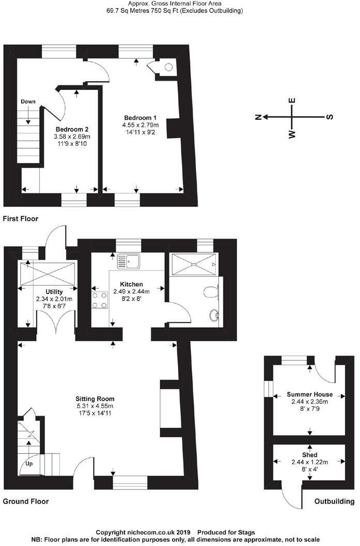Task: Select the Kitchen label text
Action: (131, 284)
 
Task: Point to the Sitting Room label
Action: (95, 399)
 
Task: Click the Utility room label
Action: (54, 292)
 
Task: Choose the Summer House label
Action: (309, 394)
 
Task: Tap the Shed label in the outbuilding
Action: (309, 455)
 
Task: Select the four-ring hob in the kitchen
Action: (99, 300)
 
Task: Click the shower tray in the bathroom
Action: (193, 264)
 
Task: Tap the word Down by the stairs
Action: (28, 102)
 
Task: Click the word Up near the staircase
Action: (29, 463)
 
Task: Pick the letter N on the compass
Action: (258, 117)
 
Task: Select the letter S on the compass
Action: (329, 117)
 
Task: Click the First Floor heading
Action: (21, 219)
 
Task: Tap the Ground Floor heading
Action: (26, 502)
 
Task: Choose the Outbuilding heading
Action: (334, 502)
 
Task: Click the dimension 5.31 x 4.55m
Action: (95, 406)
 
